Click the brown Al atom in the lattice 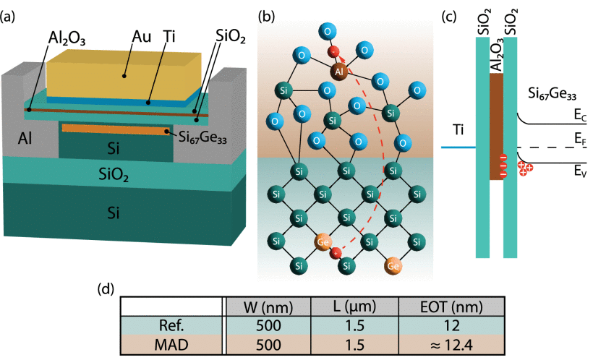(339, 71)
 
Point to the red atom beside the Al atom (332, 52)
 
